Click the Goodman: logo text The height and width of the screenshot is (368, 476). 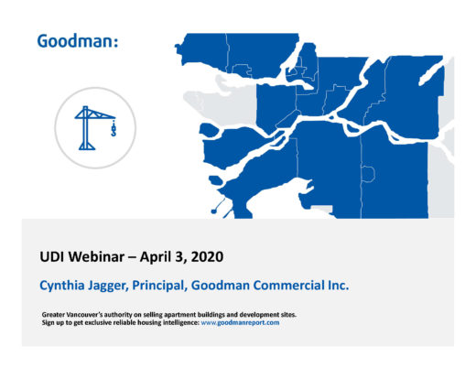click(78, 41)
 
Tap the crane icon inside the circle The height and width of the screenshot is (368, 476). click(95, 128)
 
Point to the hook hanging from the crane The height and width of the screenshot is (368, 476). click(114, 128)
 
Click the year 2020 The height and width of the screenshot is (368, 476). click(207, 256)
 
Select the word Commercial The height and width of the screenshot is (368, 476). click(288, 286)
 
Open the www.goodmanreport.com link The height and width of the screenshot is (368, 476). click(240, 323)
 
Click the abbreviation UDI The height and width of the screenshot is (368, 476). click(52, 256)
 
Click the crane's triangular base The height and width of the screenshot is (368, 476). click(87, 146)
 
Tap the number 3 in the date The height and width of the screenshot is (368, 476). click(178, 257)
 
